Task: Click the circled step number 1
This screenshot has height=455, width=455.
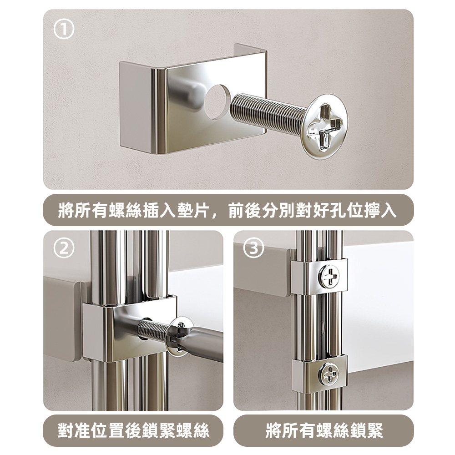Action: click(64, 30)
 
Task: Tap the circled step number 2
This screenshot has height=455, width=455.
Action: click(64, 248)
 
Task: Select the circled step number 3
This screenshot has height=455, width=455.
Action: click(253, 248)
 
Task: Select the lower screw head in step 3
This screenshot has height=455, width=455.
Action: click(329, 374)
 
